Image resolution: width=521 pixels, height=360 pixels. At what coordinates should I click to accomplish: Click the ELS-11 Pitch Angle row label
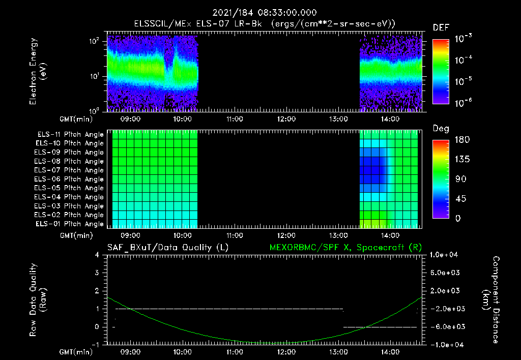[x=70, y=134]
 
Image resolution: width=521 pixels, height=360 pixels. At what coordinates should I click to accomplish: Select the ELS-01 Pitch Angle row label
[x=70, y=224]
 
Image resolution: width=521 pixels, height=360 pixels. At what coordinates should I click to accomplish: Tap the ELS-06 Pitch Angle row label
[x=70, y=179]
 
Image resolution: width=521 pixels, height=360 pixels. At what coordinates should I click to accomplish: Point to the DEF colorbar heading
[x=441, y=27]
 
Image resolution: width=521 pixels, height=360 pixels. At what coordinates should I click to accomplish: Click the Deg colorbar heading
[x=441, y=129]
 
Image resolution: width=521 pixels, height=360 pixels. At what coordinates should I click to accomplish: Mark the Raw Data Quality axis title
[x=38, y=299]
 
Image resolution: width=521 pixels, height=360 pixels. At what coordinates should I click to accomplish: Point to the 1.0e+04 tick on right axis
[x=445, y=254]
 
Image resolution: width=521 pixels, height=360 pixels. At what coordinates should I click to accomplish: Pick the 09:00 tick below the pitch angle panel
[x=131, y=236]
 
